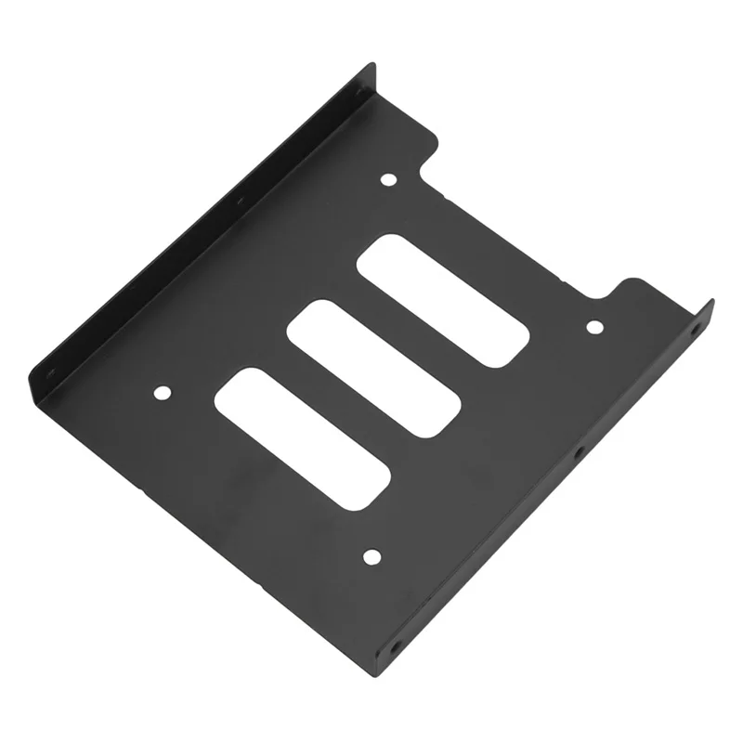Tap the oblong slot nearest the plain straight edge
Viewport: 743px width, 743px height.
(x=302, y=437)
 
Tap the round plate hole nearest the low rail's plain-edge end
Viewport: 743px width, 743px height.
(x=371, y=556)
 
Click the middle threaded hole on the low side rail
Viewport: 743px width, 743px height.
(x=578, y=453)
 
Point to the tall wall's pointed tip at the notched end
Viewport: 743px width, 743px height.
(x=372, y=64)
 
